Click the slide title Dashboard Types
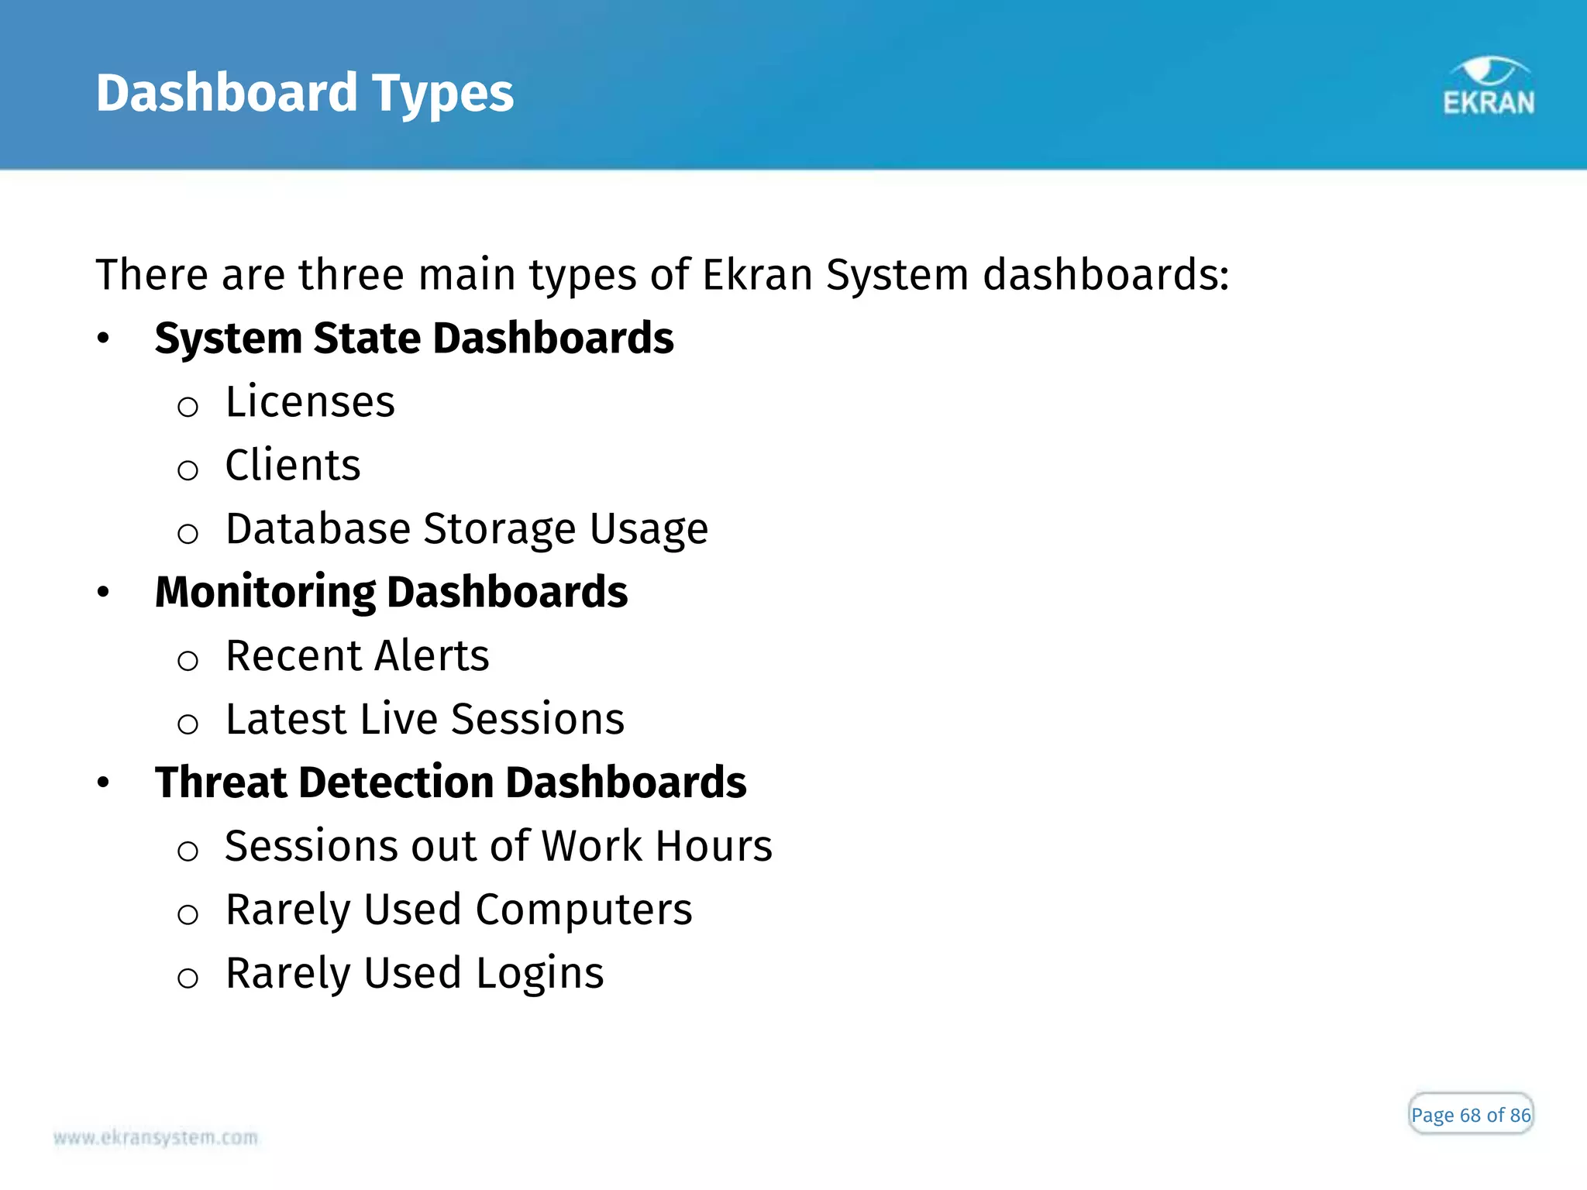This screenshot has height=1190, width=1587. (305, 93)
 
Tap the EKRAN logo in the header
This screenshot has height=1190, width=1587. (1488, 88)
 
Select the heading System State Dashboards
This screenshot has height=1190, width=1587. (414, 339)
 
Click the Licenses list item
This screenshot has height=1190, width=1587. (310, 402)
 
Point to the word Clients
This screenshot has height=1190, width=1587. (293, 466)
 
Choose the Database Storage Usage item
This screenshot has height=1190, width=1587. (466, 529)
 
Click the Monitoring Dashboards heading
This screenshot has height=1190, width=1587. (391, 593)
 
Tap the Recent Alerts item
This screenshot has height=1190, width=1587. (357, 656)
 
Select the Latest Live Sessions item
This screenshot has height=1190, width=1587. (425, 720)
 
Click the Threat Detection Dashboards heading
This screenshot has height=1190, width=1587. (450, 782)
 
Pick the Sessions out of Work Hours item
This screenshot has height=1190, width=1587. (498, 846)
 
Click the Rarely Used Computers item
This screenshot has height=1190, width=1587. (459, 910)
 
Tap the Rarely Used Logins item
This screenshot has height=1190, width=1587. (415, 973)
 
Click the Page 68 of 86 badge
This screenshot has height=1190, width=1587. (1470, 1115)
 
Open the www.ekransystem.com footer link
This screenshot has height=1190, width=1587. (156, 1137)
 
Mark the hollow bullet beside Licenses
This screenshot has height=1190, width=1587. (188, 407)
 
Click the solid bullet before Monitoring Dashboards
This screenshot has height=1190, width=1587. (103, 593)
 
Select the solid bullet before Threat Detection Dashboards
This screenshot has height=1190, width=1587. (103, 783)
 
